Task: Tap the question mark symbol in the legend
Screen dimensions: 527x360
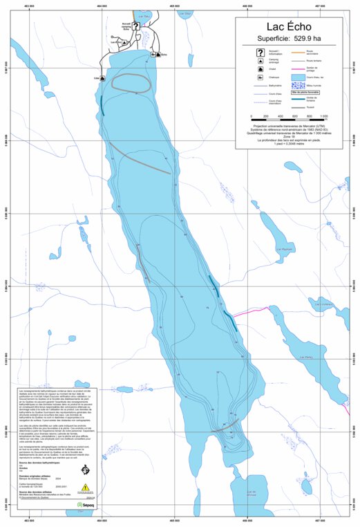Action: (x=260, y=53)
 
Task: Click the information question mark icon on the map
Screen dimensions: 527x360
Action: (x=136, y=26)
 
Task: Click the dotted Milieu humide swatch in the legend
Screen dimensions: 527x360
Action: (x=299, y=88)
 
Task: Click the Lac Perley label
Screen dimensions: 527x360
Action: (x=305, y=358)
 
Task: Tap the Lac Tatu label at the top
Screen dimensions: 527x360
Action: (x=144, y=13)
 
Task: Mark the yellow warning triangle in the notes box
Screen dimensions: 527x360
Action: (x=86, y=487)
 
